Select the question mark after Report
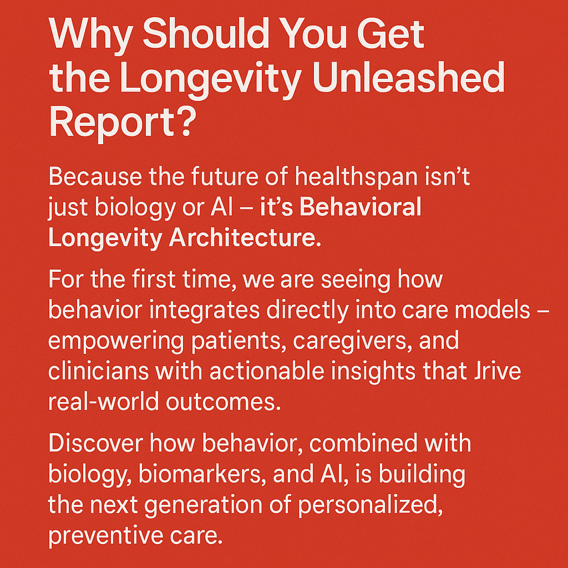coord(180,123)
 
